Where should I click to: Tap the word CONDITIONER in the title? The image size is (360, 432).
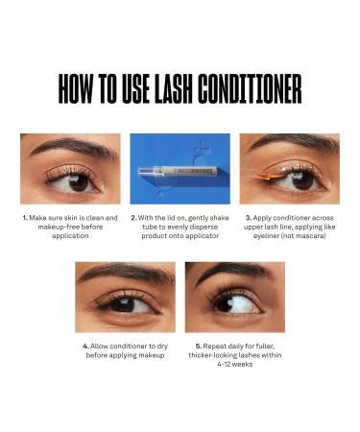(251, 88)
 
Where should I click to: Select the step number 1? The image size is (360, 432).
(24, 218)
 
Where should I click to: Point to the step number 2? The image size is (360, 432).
(132, 218)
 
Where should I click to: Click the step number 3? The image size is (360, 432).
(248, 218)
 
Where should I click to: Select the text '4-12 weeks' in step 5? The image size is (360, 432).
(225, 365)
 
